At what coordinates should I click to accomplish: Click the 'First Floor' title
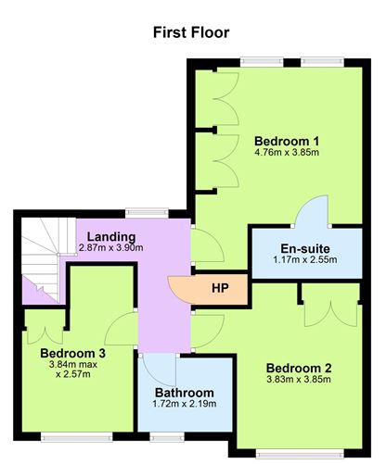click(x=191, y=32)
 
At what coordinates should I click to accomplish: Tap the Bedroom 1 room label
click(x=287, y=141)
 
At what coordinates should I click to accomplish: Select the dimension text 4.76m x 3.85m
click(x=287, y=153)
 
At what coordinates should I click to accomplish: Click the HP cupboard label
click(x=220, y=288)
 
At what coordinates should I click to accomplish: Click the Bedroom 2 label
click(x=299, y=367)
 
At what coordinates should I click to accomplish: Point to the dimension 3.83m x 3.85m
click(x=299, y=379)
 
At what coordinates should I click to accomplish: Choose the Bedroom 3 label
click(x=72, y=353)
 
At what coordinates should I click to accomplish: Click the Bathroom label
click(x=184, y=393)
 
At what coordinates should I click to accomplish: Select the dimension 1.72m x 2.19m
click(x=184, y=405)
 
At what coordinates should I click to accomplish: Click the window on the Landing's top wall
click(x=141, y=212)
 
